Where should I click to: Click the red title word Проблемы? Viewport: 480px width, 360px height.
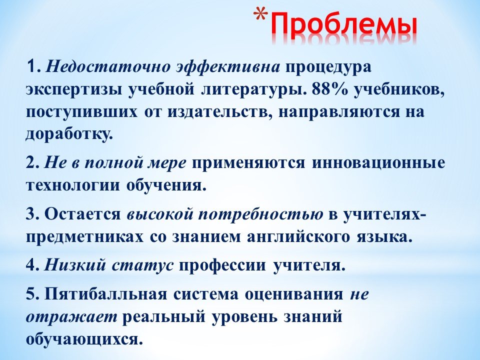tap(344, 24)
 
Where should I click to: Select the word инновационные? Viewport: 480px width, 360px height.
tap(378, 163)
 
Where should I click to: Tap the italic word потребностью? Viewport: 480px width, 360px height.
tap(260, 215)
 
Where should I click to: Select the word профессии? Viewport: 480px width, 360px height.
tap(222, 265)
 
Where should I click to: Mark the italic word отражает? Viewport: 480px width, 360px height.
tap(71, 317)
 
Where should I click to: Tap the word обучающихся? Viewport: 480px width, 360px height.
tap(84, 339)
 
